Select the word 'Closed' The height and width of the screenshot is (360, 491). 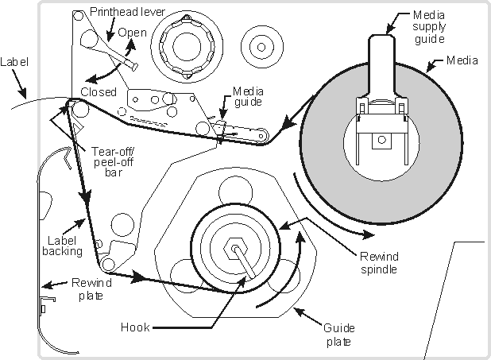[99, 91]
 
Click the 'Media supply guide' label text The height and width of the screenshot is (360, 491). [434, 27]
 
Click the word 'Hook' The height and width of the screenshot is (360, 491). [137, 325]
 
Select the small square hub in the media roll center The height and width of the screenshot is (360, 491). [382, 141]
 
